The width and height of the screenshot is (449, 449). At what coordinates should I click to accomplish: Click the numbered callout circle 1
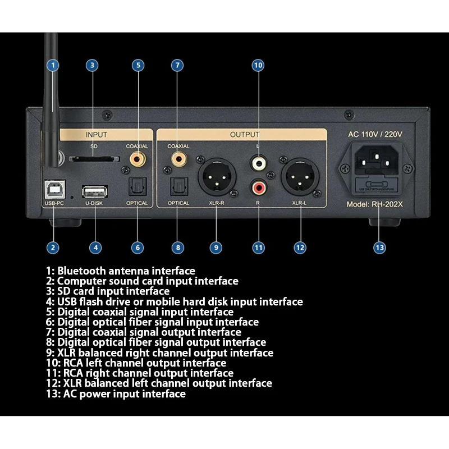click(52, 65)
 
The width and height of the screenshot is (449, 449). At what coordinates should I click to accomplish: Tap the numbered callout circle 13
click(380, 247)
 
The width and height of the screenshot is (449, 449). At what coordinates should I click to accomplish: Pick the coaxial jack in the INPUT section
click(137, 159)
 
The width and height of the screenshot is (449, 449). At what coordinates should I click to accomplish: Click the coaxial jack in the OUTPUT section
click(178, 159)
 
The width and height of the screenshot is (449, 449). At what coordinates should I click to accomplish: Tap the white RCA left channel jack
click(258, 163)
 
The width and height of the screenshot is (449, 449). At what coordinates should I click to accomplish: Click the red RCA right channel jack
click(258, 185)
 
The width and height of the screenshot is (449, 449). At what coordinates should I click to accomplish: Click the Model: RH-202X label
click(374, 204)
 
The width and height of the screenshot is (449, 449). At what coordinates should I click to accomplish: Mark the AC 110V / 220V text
click(375, 134)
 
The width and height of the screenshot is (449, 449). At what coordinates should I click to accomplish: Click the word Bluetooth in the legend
click(82, 271)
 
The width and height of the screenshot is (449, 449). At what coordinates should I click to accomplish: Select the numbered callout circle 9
click(217, 247)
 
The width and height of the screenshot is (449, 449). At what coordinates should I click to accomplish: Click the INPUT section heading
click(96, 135)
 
